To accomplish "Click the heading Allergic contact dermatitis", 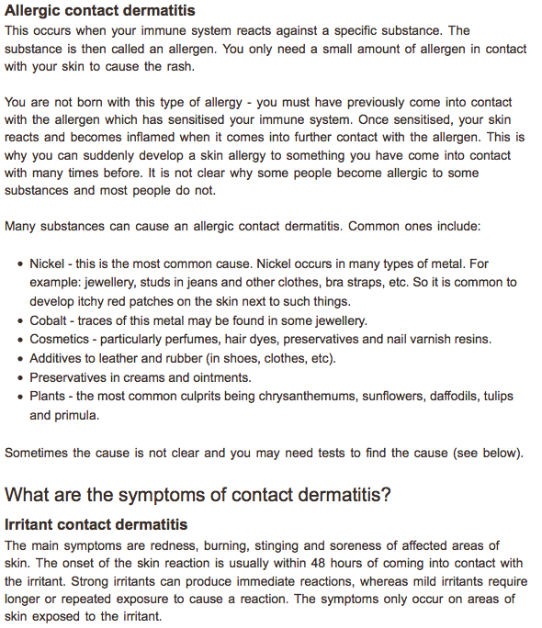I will click(100, 11).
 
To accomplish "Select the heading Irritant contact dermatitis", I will click(96, 525).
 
